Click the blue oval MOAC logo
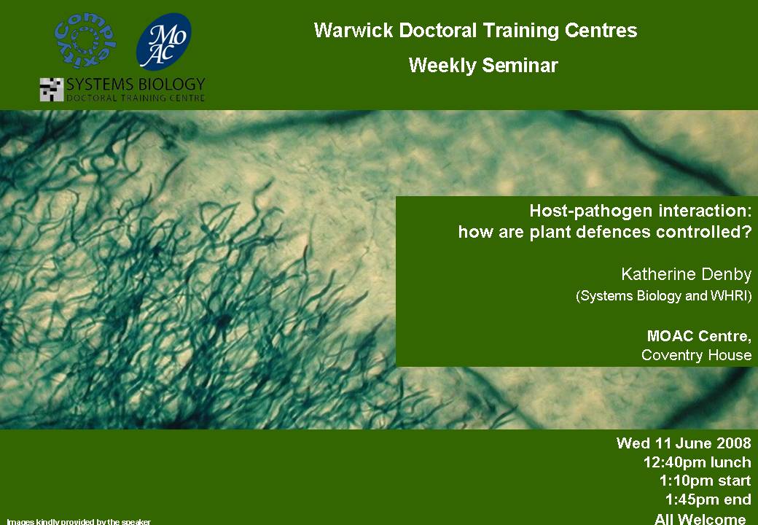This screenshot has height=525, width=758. tap(164, 42)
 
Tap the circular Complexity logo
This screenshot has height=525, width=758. tap(85, 41)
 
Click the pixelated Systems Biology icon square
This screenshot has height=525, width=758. tap(52, 90)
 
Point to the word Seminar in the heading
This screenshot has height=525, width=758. tap(520, 66)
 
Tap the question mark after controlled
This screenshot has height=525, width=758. tap(747, 232)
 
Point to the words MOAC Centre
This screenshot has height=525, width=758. tap(699, 336)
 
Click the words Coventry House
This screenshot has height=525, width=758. tap(696, 355)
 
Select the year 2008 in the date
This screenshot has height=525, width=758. tap(734, 443)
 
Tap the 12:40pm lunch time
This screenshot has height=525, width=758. tap(697, 462)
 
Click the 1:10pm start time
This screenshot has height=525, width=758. tap(706, 481)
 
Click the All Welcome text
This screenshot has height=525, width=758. tap(700, 518)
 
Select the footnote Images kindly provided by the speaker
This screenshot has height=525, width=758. tap(79, 521)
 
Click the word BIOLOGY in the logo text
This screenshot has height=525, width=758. tap(171, 85)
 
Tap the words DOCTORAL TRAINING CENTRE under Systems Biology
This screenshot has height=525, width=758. tap(136, 98)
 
